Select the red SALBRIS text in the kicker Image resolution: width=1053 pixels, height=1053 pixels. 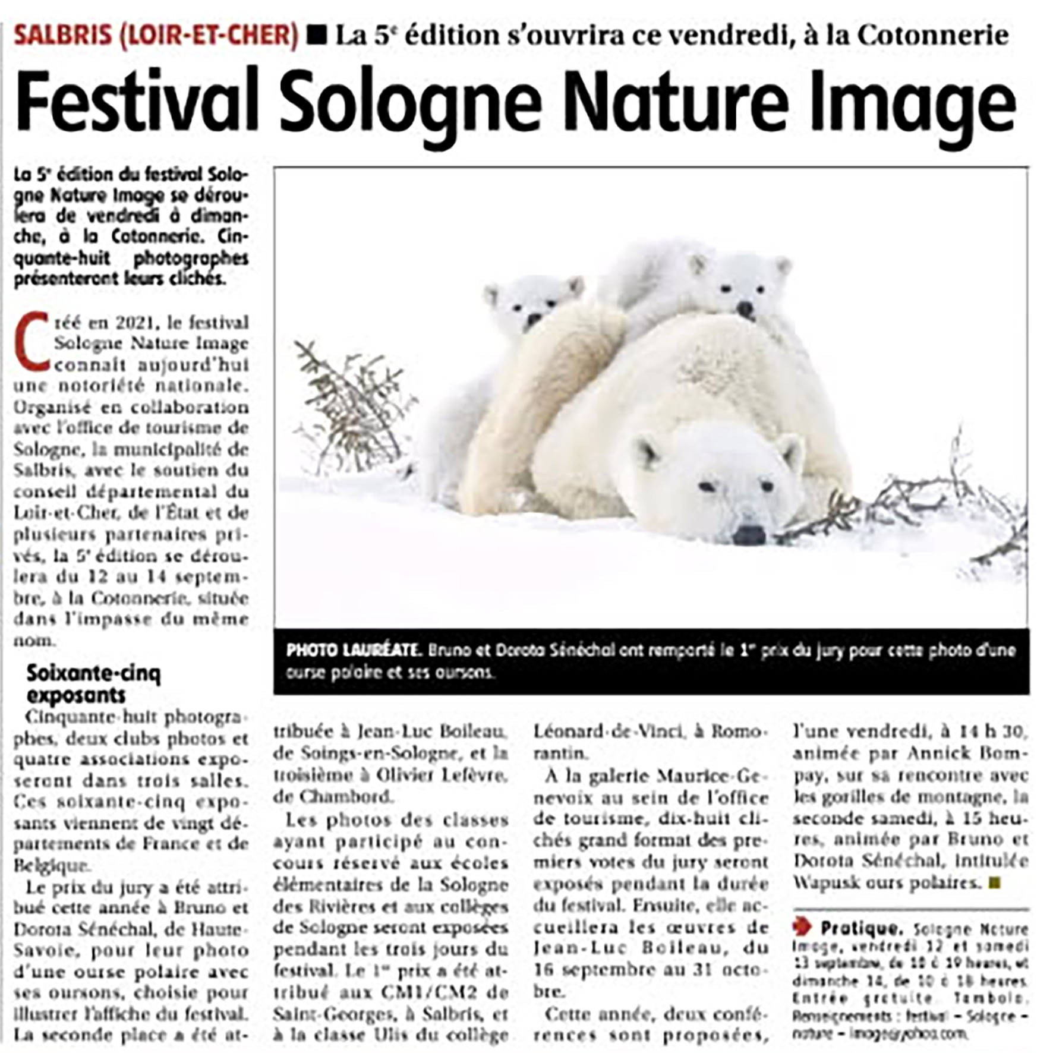click(x=63, y=36)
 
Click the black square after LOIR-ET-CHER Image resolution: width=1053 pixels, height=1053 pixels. click(x=317, y=36)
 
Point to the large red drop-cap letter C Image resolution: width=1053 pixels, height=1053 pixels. click(x=33, y=341)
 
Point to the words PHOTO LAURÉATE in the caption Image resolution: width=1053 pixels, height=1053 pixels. click(x=353, y=650)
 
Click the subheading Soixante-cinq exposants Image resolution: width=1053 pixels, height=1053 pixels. click(x=93, y=684)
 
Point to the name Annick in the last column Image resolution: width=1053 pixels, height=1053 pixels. click(x=939, y=753)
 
